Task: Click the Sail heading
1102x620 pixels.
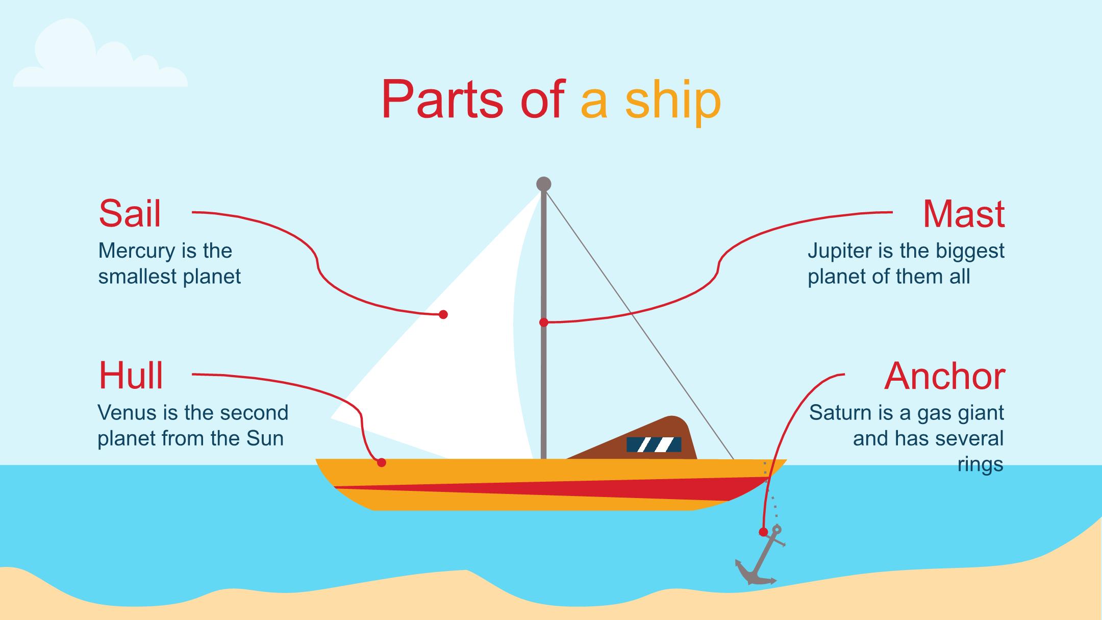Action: [130, 214]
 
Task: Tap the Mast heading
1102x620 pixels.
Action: [964, 214]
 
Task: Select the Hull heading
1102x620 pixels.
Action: [131, 376]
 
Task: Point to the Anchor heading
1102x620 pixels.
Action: [944, 377]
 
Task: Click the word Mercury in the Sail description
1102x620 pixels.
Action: [130, 251]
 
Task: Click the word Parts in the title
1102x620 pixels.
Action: [442, 100]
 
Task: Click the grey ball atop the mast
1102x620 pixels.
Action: [544, 184]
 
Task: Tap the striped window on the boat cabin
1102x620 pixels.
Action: [654, 444]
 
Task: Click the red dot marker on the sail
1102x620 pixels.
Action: [443, 314]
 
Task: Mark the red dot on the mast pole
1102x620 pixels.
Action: [544, 323]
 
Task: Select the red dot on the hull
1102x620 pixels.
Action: [382, 463]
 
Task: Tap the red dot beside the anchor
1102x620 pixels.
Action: [763, 532]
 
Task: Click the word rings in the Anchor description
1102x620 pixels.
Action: [980, 464]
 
